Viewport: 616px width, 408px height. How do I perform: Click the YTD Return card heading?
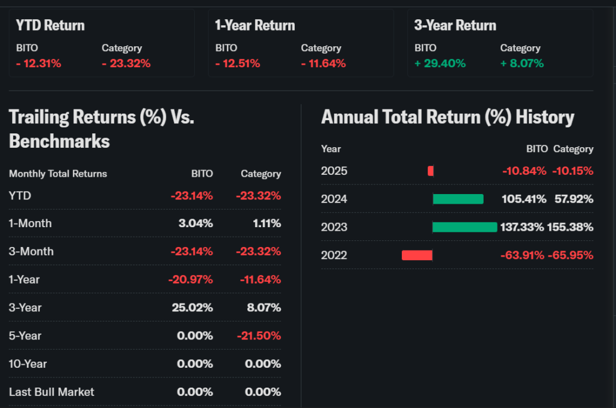point(50,25)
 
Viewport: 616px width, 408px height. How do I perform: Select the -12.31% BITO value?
point(38,63)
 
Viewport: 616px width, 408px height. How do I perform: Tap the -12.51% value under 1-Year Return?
point(238,63)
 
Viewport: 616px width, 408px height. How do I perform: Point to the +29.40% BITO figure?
point(440,63)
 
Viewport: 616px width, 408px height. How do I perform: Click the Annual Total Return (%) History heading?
point(448,117)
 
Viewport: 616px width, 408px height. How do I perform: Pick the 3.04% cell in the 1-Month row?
point(195,224)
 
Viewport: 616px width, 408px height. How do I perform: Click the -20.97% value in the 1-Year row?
point(191,279)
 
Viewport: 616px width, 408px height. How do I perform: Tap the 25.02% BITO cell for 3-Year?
point(192,308)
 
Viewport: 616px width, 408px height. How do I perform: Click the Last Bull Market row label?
point(52,392)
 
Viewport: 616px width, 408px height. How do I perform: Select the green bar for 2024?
point(458,199)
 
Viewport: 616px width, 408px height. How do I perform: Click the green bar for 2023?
point(465,227)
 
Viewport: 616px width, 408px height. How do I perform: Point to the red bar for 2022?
point(417,255)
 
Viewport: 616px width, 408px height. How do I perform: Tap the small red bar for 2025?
point(431,171)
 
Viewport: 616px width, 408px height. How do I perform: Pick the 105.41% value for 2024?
point(524,199)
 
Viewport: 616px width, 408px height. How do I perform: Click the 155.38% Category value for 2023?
point(570,227)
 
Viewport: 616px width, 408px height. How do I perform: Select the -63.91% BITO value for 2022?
point(523,255)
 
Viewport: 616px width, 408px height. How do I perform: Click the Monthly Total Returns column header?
point(58,174)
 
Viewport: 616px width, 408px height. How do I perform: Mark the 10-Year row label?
point(28,364)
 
